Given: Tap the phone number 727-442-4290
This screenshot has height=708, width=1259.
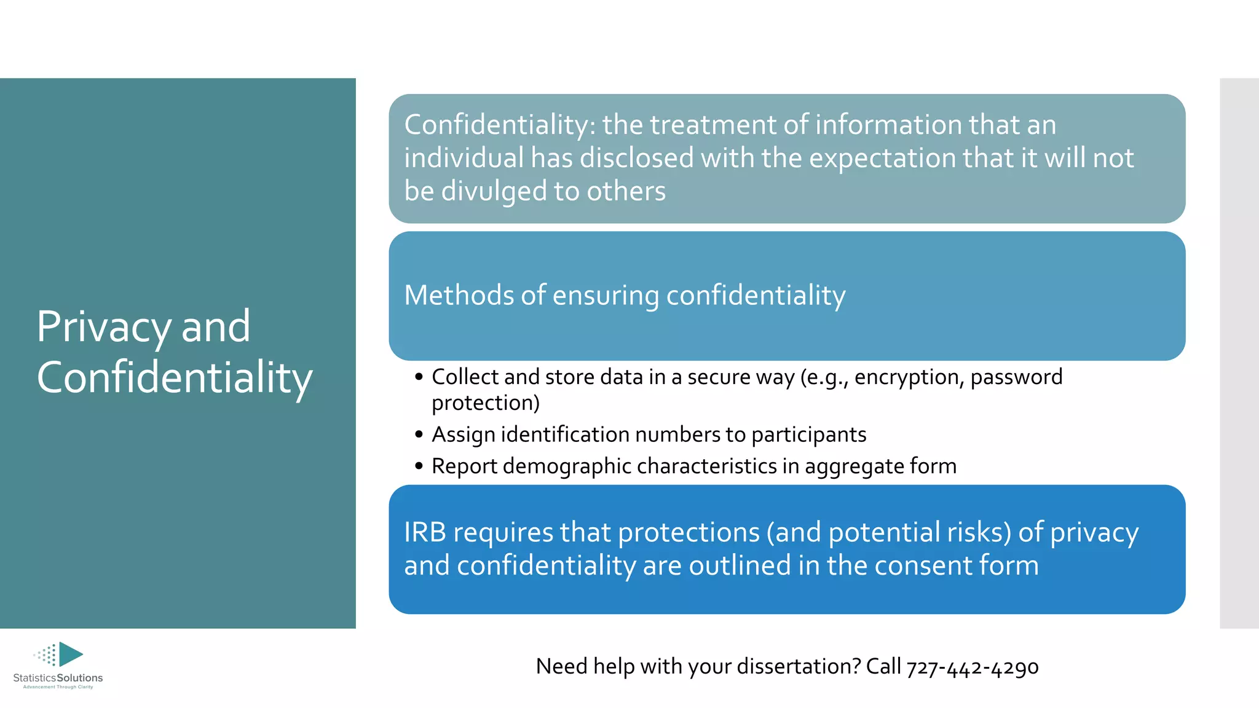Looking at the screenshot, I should pos(972,667).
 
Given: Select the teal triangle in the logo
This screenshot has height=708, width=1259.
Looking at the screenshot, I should pos(71,654).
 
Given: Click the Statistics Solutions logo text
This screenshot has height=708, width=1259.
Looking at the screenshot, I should pos(58,678).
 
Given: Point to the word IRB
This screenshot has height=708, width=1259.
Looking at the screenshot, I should pos(425,532).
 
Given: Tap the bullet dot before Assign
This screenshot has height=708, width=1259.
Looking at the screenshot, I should pos(419,435).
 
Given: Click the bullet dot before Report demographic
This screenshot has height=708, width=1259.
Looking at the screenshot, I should pos(419,466).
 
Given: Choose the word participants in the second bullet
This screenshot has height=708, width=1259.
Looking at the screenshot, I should pos(808,435).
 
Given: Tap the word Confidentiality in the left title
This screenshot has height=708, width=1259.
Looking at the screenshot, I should pos(175,377).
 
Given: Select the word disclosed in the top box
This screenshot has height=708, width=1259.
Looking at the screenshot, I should pos(637,158).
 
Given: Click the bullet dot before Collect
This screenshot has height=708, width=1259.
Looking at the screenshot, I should pos(419,377).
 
